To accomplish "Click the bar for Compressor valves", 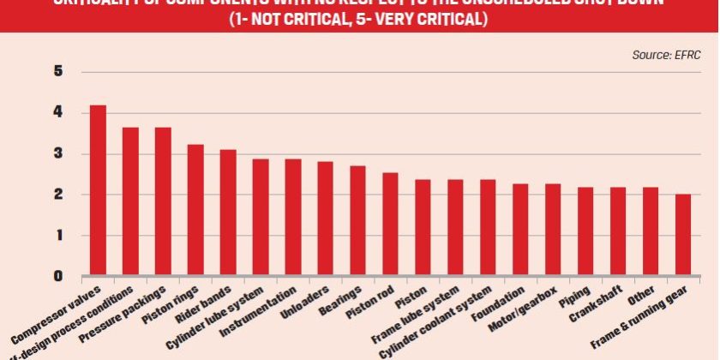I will [x=98, y=190].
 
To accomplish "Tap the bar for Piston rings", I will [x=195, y=210].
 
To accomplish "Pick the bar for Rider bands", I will [x=228, y=213].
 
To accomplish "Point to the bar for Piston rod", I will [x=390, y=224].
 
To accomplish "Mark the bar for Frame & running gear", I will [x=683, y=235].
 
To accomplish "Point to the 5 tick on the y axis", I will [x=58, y=72].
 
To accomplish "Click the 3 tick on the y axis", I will [x=58, y=154].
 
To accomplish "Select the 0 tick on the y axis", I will [x=58, y=276].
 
